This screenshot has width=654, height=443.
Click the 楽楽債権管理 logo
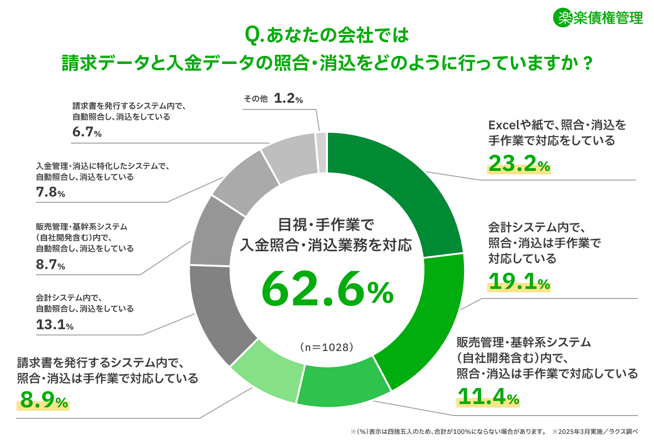tap(598, 18)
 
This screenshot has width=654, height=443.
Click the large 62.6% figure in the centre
tap(327, 289)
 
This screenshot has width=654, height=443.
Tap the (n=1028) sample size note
tap(327, 347)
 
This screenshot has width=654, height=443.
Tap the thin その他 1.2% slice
tap(321, 153)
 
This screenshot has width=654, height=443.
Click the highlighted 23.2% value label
tap(519, 164)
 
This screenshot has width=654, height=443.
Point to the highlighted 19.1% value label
tap(519, 282)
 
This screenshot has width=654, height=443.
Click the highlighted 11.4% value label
tap(488, 397)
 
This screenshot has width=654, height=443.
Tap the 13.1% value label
tap(54, 325)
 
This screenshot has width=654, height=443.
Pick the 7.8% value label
tap(50, 192)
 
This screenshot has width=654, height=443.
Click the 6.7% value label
tap(87, 132)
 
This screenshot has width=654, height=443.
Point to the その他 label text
tap(255, 99)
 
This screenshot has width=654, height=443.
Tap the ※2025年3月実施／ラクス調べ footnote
tap(595, 432)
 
